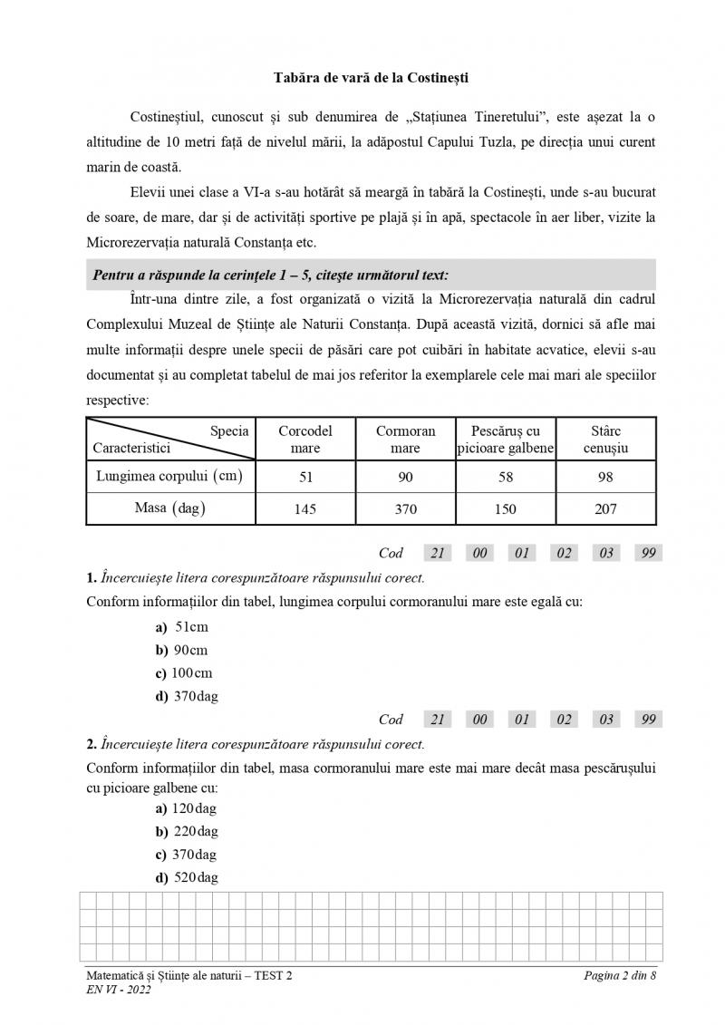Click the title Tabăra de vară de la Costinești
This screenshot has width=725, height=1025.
click(371, 78)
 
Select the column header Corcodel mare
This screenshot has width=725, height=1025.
click(305, 440)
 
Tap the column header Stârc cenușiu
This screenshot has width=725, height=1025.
click(605, 440)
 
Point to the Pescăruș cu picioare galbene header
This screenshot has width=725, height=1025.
click(506, 440)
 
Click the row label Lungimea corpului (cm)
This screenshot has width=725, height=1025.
click(170, 476)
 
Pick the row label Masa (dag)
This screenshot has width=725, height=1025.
click(170, 508)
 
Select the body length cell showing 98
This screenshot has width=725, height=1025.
click(605, 477)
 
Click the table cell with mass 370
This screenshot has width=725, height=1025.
click(405, 509)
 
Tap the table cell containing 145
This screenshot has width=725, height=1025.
click(305, 509)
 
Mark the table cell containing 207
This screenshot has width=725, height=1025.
click(605, 509)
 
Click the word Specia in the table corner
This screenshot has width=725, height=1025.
click(229, 431)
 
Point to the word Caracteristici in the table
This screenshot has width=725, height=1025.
click(131, 448)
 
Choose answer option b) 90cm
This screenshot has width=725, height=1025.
click(182, 650)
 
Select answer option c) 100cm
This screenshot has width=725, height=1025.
click(185, 673)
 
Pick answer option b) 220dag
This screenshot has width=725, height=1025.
click(187, 831)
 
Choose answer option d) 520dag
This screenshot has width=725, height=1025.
click(187, 877)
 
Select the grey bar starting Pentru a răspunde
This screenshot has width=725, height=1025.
click(371, 275)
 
